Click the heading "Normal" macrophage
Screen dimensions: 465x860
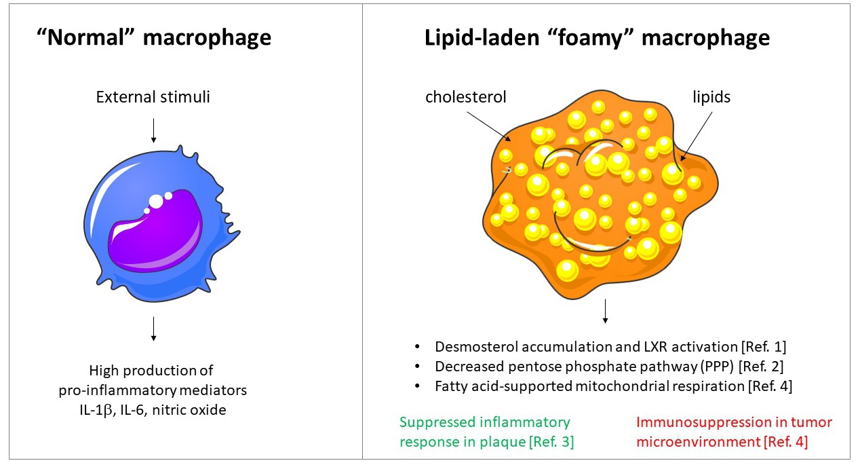tap(154, 37)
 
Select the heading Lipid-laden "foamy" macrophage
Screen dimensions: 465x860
tap(597, 37)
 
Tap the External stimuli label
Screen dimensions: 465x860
tap(153, 96)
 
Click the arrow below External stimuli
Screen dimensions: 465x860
tap(154, 130)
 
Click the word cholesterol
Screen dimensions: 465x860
tap(466, 96)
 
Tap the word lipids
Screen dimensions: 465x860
tap(711, 96)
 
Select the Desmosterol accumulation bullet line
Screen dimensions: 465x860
tap(610, 347)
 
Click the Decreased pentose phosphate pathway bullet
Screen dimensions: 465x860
tap(610, 367)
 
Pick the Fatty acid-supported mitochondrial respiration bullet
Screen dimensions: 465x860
tap(610, 386)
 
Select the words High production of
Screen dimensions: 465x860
tap(151, 371)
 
